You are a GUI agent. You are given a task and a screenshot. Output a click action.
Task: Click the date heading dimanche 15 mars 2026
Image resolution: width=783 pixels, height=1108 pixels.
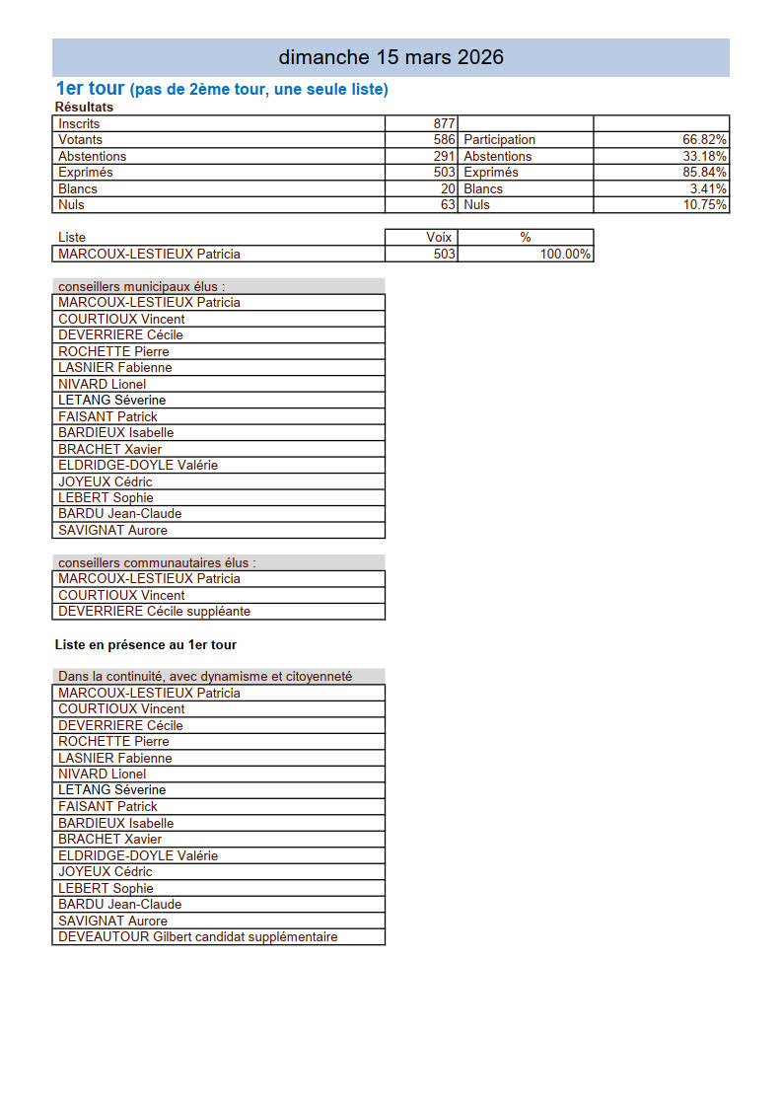pyautogui.click(x=391, y=57)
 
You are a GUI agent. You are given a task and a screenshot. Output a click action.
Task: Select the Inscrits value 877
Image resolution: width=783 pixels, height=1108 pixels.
pyautogui.click(x=444, y=123)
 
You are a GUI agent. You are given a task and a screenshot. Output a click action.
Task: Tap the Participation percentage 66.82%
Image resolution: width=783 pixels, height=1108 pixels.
pyautogui.click(x=705, y=140)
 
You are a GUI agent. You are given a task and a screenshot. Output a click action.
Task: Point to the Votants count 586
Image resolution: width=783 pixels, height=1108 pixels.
pyautogui.click(x=444, y=140)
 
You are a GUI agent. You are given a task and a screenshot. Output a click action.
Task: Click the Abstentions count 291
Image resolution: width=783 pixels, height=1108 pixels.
pyautogui.click(x=444, y=156)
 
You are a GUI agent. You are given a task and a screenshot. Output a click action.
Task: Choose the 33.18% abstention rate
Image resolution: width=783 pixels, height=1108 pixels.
pyautogui.click(x=705, y=156)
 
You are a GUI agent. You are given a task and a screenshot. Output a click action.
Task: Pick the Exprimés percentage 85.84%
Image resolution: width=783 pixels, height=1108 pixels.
pyautogui.click(x=705, y=173)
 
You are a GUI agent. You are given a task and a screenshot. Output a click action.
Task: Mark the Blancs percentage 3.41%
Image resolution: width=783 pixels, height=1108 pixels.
pyautogui.click(x=709, y=188)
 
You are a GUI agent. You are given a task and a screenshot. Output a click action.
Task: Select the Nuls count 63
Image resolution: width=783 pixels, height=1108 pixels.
pyautogui.click(x=448, y=205)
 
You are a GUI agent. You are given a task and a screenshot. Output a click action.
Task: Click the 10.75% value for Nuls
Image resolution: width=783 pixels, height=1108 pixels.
pyautogui.click(x=705, y=205)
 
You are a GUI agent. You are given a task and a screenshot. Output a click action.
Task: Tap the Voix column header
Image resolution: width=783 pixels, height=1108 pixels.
pyautogui.click(x=439, y=238)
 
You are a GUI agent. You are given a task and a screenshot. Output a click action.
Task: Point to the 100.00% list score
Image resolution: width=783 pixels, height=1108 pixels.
pyautogui.click(x=565, y=254)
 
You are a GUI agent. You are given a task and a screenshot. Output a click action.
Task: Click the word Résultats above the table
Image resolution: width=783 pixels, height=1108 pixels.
pyautogui.click(x=84, y=107)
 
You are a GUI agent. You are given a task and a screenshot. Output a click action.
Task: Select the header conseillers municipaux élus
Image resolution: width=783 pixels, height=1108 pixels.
pyautogui.click(x=142, y=286)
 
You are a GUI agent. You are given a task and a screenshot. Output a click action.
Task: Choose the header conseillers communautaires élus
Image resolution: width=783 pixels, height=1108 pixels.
pyautogui.click(x=157, y=562)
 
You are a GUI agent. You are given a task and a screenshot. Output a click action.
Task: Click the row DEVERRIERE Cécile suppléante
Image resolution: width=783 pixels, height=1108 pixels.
pyautogui.click(x=154, y=611)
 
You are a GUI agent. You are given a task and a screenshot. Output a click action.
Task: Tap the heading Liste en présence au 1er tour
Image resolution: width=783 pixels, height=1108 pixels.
pyautogui.click(x=146, y=645)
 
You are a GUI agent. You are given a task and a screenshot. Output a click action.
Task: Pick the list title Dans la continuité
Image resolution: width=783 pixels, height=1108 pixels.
pyautogui.click(x=205, y=676)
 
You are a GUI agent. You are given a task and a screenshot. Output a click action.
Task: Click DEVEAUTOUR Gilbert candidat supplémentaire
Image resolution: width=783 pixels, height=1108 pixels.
pyautogui.click(x=197, y=936)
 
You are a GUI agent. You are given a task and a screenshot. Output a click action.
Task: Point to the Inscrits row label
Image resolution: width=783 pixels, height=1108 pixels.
pyautogui.click(x=79, y=123)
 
